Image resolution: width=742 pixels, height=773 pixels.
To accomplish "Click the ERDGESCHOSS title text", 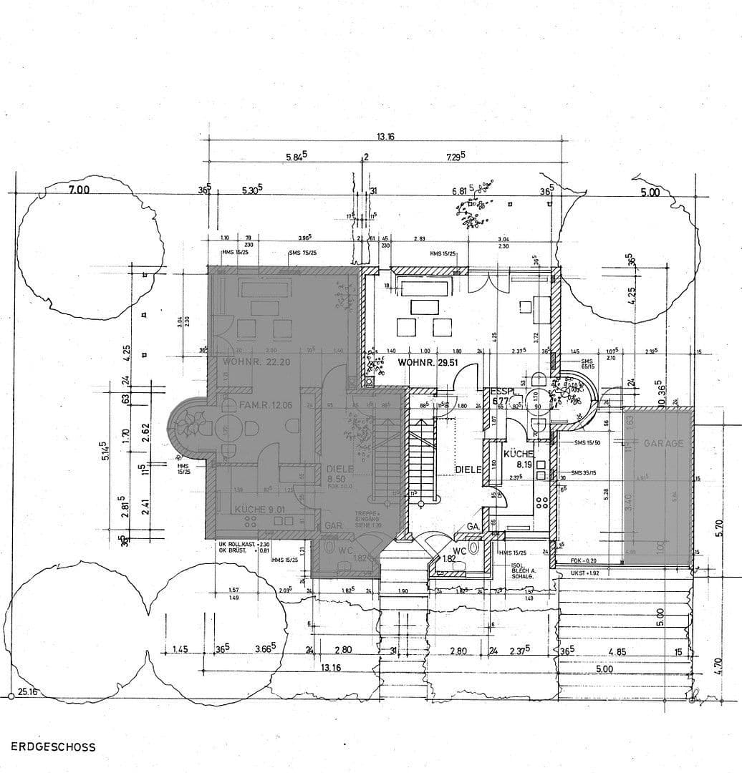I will pos(53,747).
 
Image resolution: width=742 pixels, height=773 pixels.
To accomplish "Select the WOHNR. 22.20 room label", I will pos(256,362).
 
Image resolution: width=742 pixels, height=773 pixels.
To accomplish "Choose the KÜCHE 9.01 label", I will pos(261,510).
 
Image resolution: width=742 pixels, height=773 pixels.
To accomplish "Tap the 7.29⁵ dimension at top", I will pos(456,155).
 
